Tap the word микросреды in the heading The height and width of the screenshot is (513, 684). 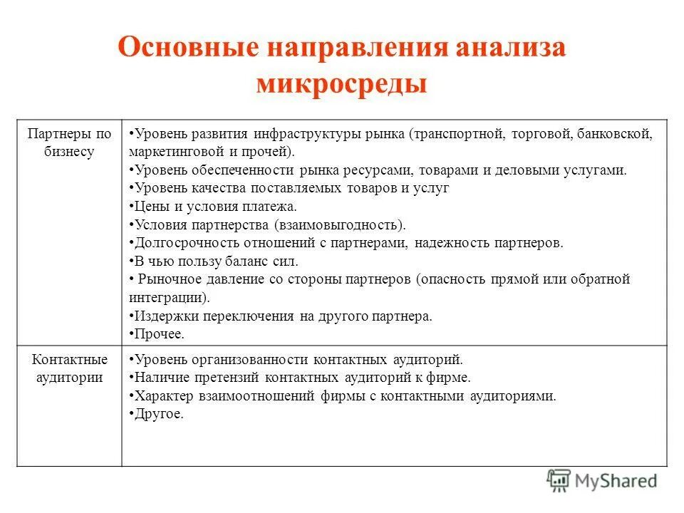341,83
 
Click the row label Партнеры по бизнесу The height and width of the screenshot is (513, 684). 69,142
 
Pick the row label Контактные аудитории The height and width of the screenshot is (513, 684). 69,368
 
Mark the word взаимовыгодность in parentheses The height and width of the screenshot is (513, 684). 338,225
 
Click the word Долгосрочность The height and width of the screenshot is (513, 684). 178,243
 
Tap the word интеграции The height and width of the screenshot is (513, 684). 166,297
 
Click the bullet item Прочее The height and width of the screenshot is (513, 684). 157,333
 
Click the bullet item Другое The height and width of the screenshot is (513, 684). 156,414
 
